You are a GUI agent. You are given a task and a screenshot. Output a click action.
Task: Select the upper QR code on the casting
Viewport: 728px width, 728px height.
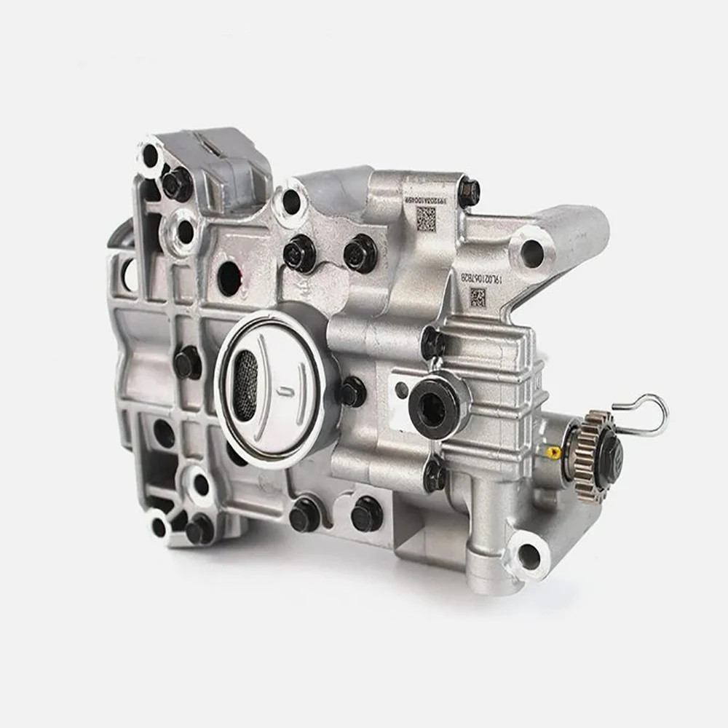click(426, 216)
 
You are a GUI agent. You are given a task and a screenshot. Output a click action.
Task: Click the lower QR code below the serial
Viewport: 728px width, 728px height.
click(478, 296)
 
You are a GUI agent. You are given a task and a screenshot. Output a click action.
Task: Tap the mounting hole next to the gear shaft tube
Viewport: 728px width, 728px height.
click(530, 557)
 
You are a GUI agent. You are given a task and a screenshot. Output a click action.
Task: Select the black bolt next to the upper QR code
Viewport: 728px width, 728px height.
click(469, 193)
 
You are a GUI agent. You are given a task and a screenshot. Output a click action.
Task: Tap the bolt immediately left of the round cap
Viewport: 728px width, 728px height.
click(187, 362)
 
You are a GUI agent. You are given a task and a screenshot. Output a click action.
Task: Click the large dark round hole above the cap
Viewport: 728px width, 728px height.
click(229, 277)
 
